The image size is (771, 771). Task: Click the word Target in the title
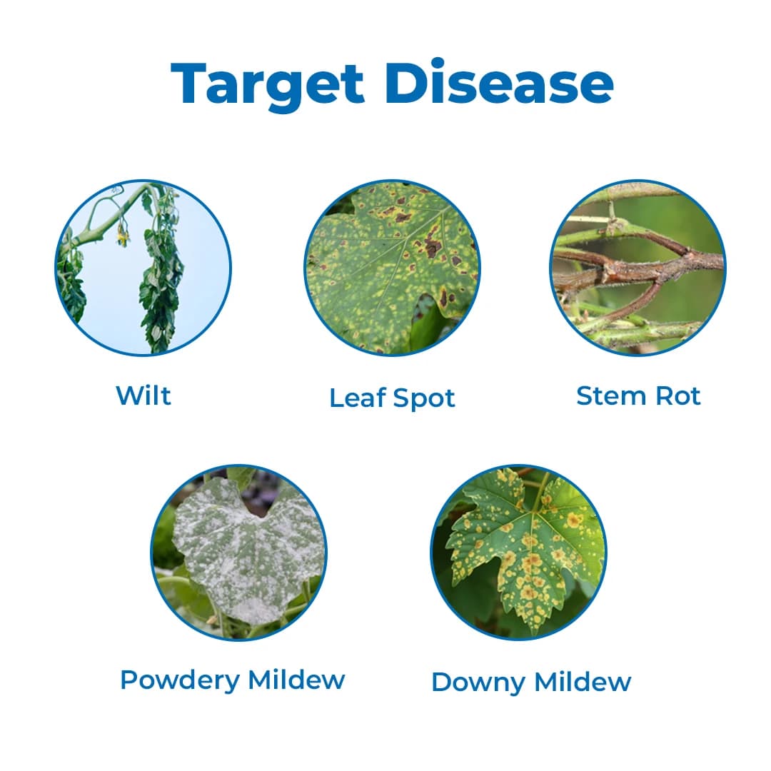pos(268,84)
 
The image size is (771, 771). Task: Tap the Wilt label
pos(143,395)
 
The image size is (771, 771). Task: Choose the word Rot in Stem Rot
pos(678,395)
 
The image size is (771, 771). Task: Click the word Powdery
pos(180,680)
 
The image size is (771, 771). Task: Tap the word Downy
pos(478,682)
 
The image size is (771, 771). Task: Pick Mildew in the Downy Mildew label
pos(583,682)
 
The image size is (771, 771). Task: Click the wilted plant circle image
pos(143,268)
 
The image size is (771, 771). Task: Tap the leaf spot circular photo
pos(392,268)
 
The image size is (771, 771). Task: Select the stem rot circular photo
pos(638,268)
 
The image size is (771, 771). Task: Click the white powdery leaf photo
pos(239,553)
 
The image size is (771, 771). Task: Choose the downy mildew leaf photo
pos(518,553)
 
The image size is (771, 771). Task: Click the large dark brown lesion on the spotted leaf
pos(433,247)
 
